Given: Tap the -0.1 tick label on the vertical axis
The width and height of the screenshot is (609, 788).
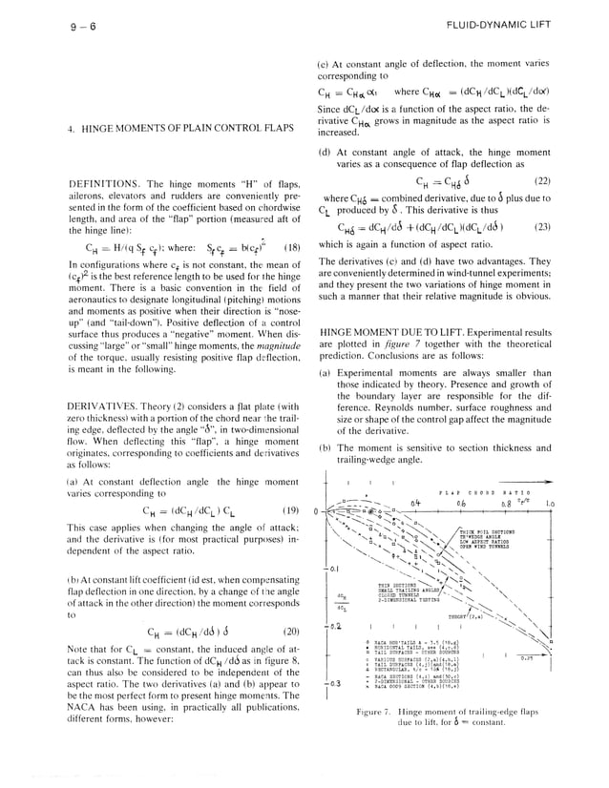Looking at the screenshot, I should click(333, 569).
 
